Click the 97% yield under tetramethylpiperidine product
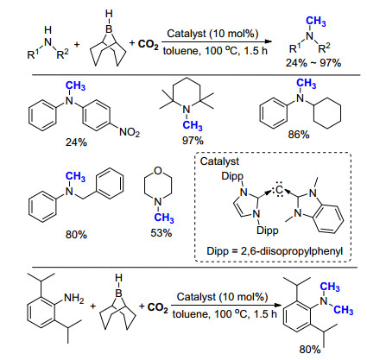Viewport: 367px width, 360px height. pos(193,141)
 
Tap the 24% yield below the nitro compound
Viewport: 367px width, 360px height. pos(76,142)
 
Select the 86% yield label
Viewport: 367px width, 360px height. pos(299,135)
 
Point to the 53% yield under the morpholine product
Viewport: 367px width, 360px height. pos(161,232)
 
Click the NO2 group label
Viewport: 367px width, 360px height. pos(130,132)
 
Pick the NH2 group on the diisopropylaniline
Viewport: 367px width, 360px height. pos(74,298)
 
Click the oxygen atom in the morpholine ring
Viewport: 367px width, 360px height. pos(158,171)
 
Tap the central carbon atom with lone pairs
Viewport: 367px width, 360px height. pos(279,190)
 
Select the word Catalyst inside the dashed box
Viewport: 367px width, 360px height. pos(219,161)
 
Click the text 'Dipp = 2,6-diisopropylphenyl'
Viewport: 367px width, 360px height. pos(275,251)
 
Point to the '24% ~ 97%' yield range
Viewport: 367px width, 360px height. pos(313,62)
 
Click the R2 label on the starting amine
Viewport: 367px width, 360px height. pos(63,54)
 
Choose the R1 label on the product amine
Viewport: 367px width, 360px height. pos(295,47)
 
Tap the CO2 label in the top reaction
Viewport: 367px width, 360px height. pos(148,44)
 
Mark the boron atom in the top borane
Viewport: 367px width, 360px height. pos(109,28)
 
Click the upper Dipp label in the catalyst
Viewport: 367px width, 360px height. pos(232,176)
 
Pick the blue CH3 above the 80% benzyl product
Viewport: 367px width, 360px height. pos(75,177)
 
